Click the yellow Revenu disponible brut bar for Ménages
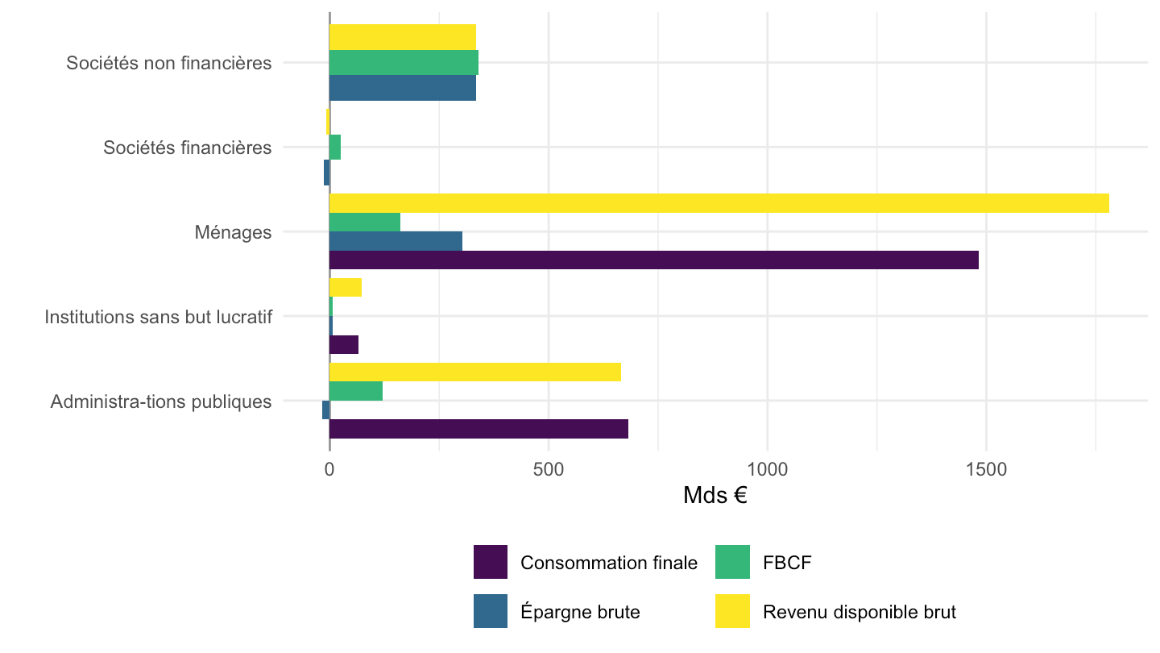click(719, 203)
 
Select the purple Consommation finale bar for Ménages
click(654, 260)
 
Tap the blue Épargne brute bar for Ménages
click(396, 241)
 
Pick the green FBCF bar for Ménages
click(365, 223)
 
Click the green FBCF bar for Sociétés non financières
click(404, 63)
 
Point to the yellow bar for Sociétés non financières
click(403, 37)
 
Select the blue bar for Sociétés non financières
click(403, 88)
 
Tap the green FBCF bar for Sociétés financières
click(335, 148)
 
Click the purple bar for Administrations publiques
click(478, 429)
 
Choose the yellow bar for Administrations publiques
click(475, 372)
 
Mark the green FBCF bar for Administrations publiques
click(356, 391)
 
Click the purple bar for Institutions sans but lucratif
click(344, 345)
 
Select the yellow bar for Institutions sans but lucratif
click(346, 288)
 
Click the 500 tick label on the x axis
click(549, 469)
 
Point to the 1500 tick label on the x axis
click(986, 469)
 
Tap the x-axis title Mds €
click(715, 496)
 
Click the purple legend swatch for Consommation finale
click(491, 562)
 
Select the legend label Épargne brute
click(580, 612)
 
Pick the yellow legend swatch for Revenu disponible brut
click(732, 611)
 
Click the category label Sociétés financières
click(188, 148)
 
